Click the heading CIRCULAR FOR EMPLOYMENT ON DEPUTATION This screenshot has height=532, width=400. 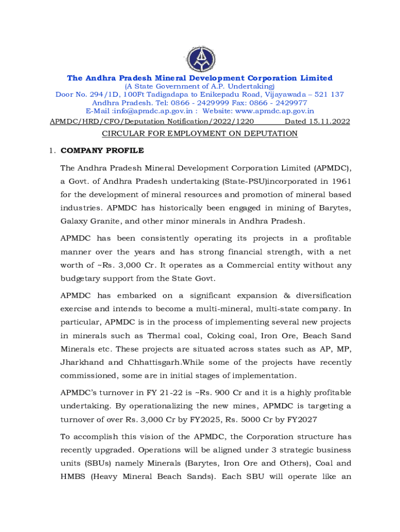[x=199, y=134]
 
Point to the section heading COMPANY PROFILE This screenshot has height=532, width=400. [x=102, y=151]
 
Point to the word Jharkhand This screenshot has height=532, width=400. [x=82, y=362]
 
